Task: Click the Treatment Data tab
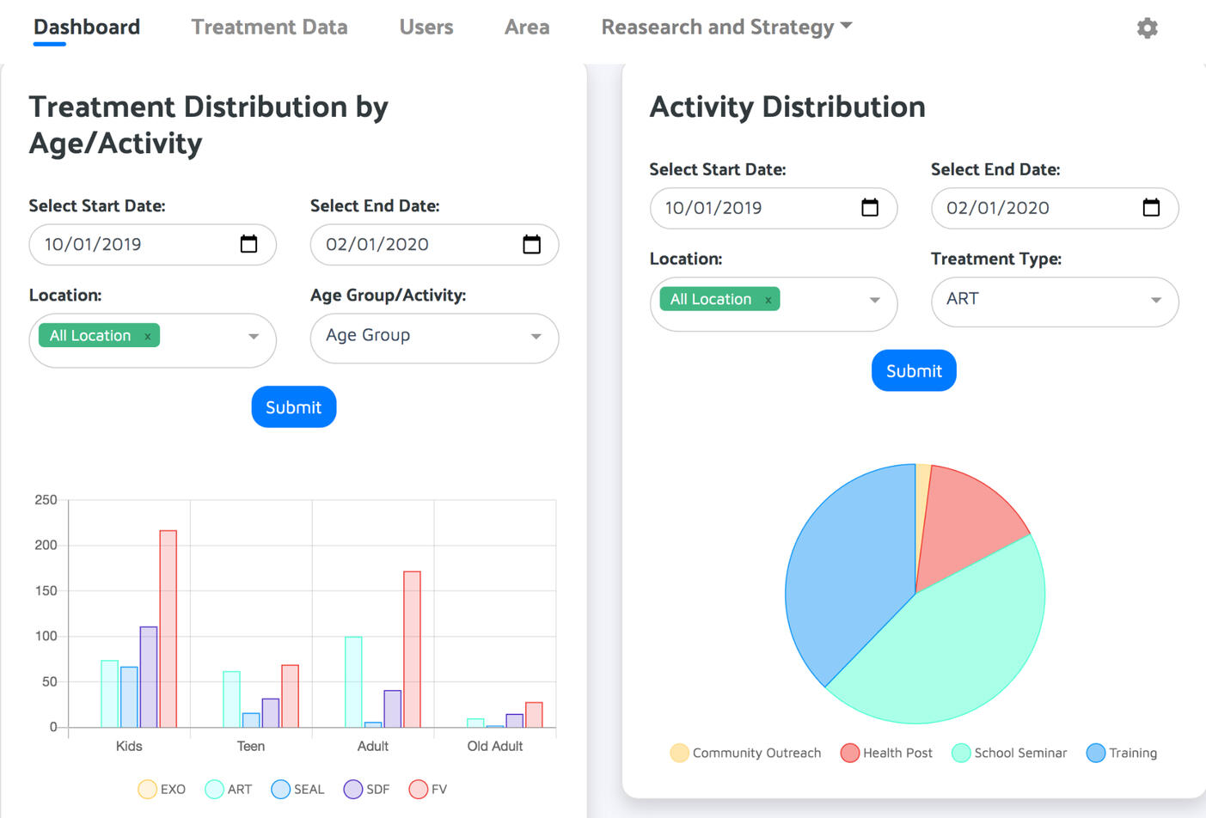[x=269, y=27]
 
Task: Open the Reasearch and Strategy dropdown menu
[x=726, y=27]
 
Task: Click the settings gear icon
[x=1147, y=28]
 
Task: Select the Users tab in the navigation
[x=425, y=27]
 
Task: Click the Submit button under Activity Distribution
[x=914, y=370]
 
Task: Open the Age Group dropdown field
[x=434, y=336]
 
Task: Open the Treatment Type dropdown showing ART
[x=1055, y=300]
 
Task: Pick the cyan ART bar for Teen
[x=231, y=699]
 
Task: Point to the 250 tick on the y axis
[x=46, y=500]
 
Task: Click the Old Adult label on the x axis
[x=494, y=746]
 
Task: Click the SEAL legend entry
[x=297, y=789]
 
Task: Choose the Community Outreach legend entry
[x=745, y=753]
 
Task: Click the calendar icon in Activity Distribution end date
[x=1151, y=208]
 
